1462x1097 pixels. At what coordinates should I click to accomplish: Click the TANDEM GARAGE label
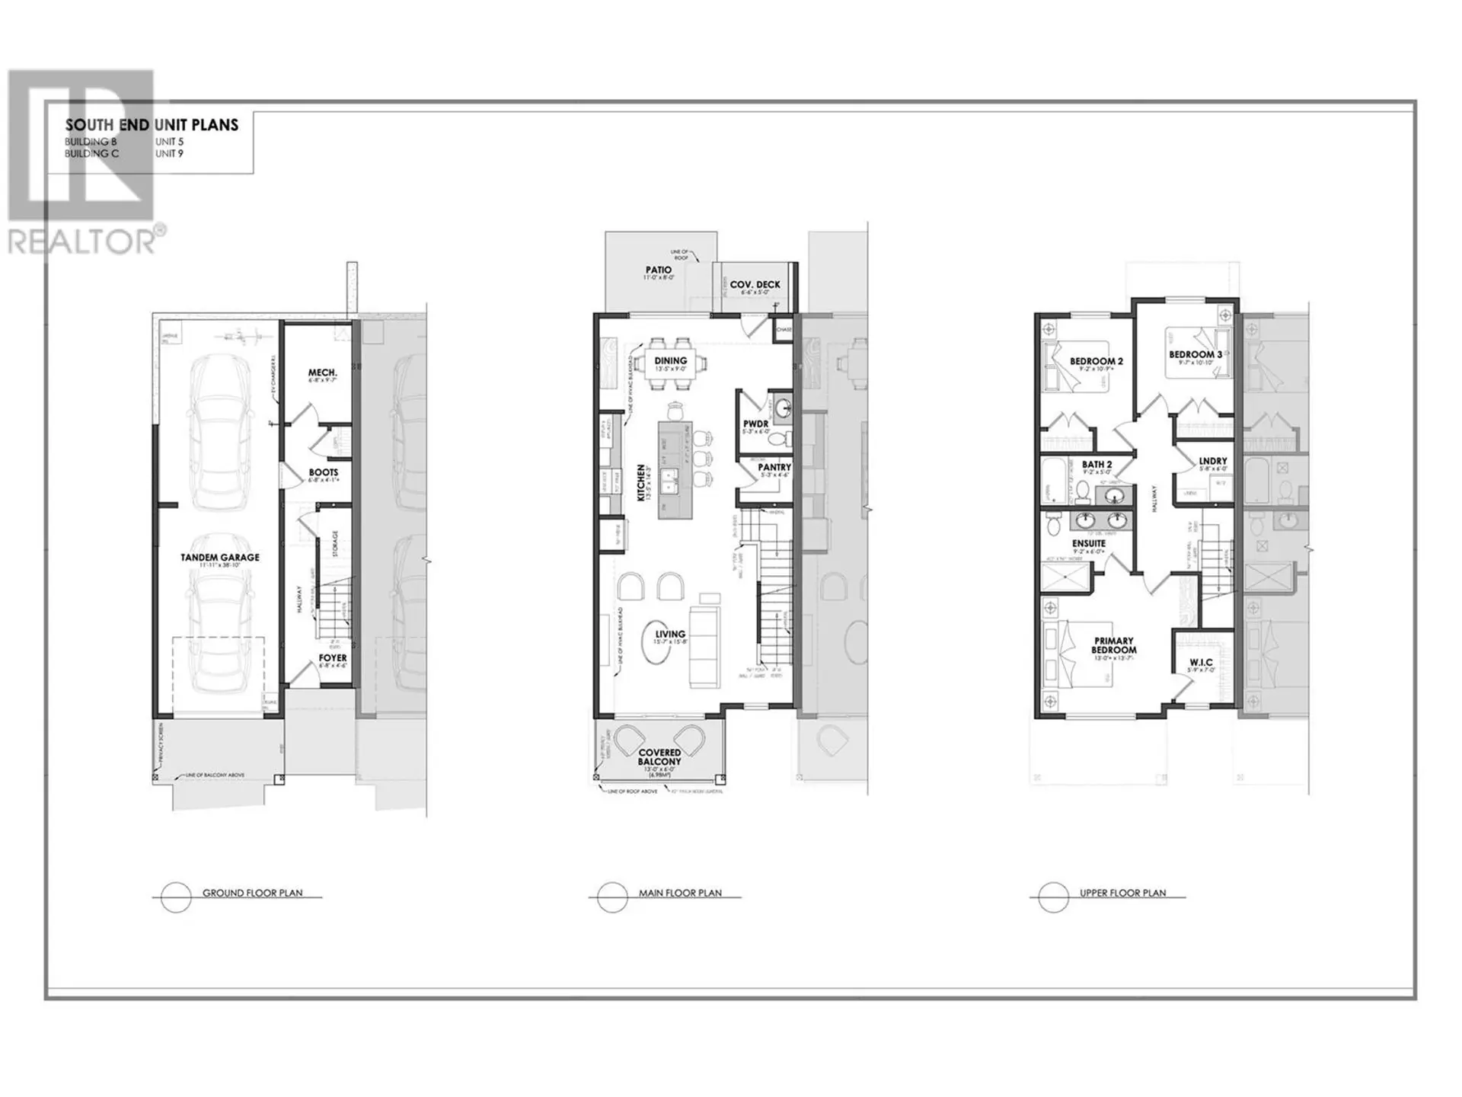pos(219,558)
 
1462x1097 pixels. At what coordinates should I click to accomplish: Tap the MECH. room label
pos(322,373)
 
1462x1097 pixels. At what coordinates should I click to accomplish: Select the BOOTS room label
pos(323,472)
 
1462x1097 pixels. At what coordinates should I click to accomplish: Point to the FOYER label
pos(333,657)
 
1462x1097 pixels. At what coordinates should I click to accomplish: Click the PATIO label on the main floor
pos(659,270)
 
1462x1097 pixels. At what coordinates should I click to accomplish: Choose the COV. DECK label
pos(755,285)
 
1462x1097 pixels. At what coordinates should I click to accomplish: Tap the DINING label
pos(670,360)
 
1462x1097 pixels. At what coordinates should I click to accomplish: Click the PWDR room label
pos(755,424)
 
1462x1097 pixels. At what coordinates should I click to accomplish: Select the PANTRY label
pos(774,467)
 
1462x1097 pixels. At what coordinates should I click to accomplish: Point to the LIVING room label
pos(670,634)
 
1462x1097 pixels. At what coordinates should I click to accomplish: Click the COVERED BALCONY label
pos(659,757)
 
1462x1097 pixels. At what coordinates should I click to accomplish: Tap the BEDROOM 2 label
pos(1096,361)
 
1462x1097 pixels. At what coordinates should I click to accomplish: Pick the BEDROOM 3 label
pos(1195,354)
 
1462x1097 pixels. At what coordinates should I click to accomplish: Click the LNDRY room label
pos(1212,461)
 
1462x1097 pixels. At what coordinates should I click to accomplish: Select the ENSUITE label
pos(1089,543)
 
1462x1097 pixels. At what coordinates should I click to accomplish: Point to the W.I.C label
pos(1201,662)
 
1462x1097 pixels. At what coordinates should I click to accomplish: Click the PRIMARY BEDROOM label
pos(1113,645)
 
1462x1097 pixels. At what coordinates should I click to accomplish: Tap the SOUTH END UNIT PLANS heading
pos(152,125)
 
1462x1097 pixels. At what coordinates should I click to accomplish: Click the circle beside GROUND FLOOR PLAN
pos(176,897)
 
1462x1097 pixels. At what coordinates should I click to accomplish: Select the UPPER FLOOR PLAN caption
pos(1122,893)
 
